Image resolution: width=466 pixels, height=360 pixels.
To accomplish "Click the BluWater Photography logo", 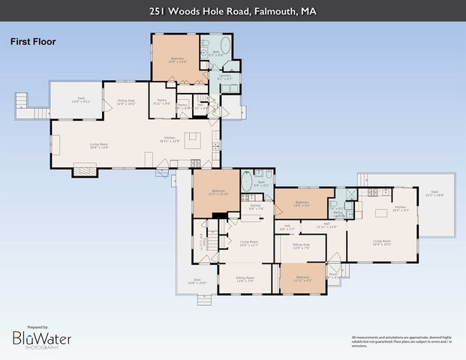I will [42, 338].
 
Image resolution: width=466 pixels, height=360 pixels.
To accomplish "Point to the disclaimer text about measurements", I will [401, 340].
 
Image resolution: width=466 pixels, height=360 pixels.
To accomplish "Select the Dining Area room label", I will [125, 102].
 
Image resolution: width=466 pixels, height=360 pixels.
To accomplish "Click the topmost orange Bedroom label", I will [176, 59].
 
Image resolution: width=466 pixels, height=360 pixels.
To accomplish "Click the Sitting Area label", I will [301, 246].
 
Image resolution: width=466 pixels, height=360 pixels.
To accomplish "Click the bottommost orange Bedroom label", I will [302, 278].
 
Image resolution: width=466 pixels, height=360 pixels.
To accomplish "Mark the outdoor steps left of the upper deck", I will [23, 100].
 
